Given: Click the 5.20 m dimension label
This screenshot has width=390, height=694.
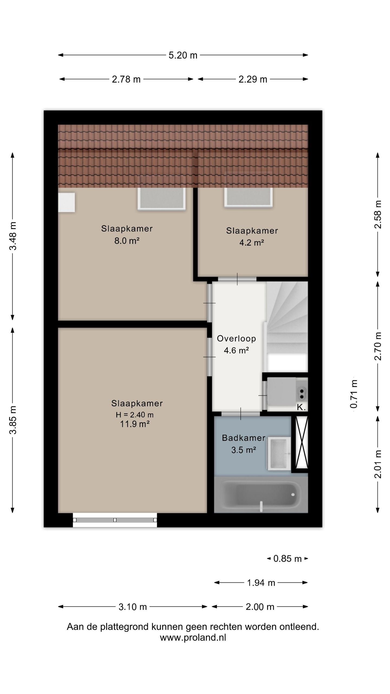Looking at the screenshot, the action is (183, 55).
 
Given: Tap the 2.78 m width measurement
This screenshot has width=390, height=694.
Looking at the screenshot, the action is (126, 79).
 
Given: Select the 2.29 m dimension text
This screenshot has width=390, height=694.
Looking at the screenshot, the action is (253, 79).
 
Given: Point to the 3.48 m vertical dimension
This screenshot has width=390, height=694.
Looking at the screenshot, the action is (13, 236).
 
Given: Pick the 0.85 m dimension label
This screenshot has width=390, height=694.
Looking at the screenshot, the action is (287, 559).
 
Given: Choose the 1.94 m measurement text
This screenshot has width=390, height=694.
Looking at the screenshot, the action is (261, 583).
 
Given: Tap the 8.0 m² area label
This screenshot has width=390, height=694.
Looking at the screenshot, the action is (127, 241).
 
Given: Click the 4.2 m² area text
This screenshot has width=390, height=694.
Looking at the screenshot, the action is (252, 243).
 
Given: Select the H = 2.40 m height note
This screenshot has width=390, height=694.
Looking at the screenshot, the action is (135, 415).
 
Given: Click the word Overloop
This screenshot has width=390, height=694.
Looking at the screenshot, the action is (236, 339).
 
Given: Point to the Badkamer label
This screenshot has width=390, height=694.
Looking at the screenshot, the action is (243, 438).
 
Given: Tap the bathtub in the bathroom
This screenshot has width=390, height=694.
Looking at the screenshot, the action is (261, 495).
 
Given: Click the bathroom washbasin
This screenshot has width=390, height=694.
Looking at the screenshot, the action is (279, 454).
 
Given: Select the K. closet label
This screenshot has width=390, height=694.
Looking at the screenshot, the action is (301, 407).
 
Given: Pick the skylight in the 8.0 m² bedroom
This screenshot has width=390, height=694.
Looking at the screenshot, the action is (162, 199).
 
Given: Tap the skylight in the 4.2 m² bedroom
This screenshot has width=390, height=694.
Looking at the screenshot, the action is (248, 197).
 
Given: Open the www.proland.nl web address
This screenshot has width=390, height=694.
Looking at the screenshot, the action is (193, 638).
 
